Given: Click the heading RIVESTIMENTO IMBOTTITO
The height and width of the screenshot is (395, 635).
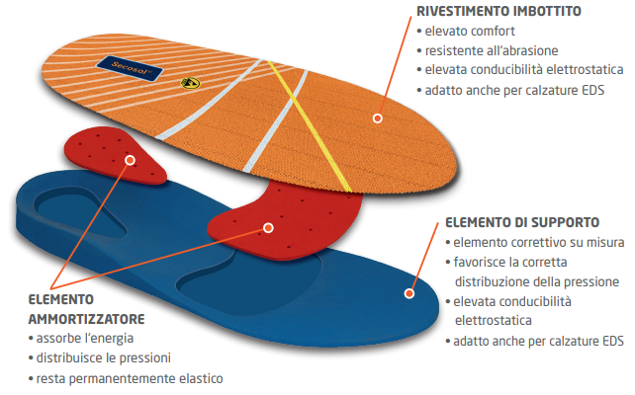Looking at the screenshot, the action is [x=499, y=11].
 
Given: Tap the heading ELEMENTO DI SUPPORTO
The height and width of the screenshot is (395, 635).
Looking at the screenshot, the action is [x=522, y=222].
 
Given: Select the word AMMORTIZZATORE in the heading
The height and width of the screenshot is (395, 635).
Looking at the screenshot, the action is [x=86, y=319].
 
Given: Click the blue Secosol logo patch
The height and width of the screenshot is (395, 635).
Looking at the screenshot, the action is [x=130, y=68].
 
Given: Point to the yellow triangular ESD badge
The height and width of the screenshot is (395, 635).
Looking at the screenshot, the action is [x=190, y=83].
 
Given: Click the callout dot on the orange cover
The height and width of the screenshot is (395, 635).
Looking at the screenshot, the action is [x=378, y=118].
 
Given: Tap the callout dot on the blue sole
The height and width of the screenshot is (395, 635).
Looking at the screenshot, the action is [x=409, y=293].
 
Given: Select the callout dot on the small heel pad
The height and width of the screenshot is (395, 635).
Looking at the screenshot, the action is [x=130, y=161].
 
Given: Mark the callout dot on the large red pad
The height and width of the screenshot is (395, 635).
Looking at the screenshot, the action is [x=268, y=228].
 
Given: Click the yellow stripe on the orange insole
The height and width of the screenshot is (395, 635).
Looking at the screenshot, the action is [x=309, y=125].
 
